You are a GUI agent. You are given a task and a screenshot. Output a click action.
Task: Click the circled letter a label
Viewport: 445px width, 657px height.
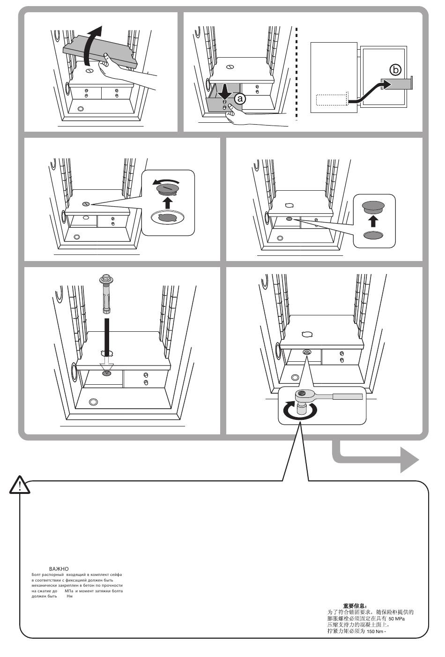(x=239, y=99)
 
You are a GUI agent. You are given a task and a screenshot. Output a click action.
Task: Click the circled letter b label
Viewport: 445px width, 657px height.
(x=396, y=70)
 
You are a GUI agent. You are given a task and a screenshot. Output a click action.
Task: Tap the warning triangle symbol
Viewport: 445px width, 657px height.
(x=20, y=485)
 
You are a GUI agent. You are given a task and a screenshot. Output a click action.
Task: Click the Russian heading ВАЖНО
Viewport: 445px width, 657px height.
(x=59, y=569)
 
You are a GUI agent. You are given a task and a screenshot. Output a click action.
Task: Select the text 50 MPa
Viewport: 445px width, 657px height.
(x=397, y=619)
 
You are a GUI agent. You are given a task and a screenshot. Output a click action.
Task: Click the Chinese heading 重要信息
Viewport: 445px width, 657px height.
(x=355, y=606)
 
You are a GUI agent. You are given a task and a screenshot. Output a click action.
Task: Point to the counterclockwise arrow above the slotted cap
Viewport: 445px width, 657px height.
(x=166, y=182)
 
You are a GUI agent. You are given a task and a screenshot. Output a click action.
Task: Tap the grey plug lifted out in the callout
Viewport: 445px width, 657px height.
(x=373, y=207)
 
